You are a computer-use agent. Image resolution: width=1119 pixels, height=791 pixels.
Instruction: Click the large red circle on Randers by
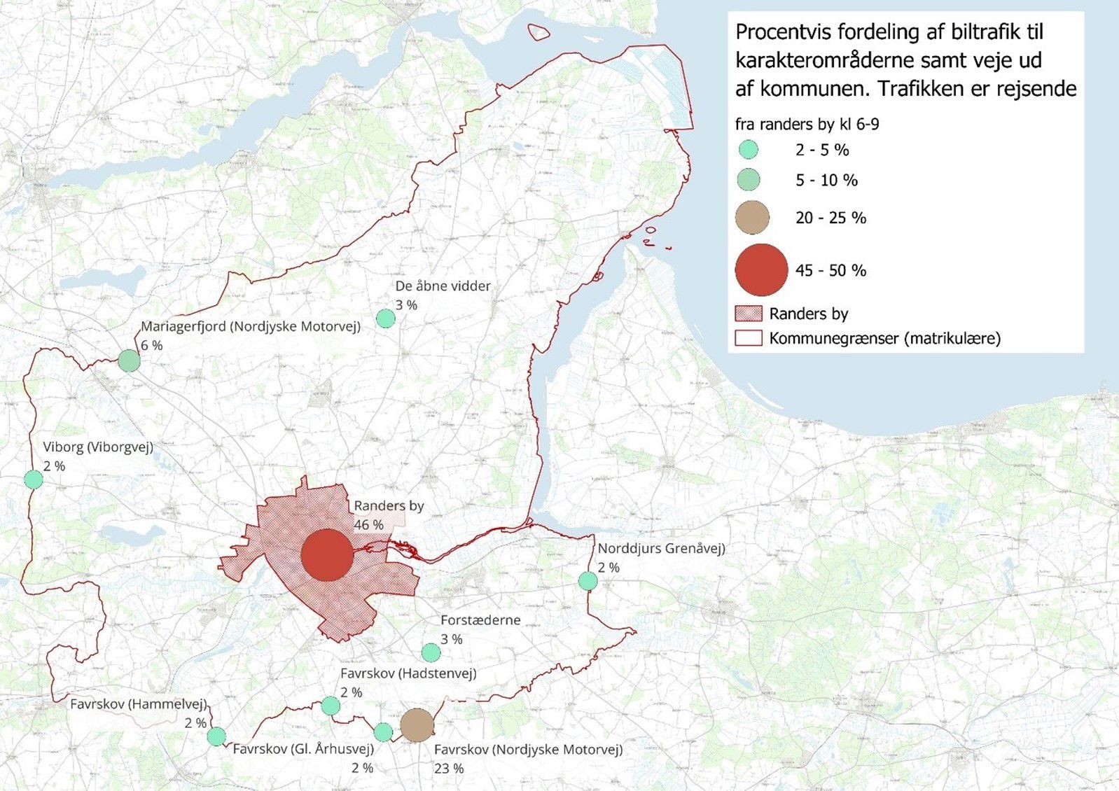click(326, 554)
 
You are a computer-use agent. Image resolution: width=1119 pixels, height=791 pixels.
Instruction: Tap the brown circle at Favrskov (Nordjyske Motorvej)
click(417, 724)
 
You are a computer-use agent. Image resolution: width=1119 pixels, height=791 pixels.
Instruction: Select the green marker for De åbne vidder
click(385, 318)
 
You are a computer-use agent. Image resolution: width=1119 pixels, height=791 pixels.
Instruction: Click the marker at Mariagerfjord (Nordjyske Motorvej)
click(129, 360)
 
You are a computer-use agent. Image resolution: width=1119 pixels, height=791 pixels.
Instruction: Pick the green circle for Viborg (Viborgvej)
click(34, 479)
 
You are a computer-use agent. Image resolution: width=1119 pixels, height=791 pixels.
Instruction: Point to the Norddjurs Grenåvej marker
click(588, 580)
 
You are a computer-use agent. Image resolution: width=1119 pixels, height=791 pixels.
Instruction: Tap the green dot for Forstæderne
click(431, 652)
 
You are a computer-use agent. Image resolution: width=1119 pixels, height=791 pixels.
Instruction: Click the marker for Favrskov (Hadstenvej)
click(331, 706)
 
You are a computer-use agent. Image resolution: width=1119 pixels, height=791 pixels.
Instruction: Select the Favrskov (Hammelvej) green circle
click(216, 736)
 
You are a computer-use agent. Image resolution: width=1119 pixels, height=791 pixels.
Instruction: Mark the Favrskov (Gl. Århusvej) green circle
click(383, 732)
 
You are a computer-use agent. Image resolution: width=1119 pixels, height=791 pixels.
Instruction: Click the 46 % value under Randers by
click(368, 524)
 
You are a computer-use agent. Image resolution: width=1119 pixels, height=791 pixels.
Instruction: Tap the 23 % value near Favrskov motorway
click(449, 768)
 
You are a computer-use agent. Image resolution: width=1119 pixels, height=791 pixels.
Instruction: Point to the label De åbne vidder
click(443, 286)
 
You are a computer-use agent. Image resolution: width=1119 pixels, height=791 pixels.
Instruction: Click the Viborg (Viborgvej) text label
click(98, 447)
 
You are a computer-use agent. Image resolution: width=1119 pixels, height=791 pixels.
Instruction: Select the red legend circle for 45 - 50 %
click(762, 269)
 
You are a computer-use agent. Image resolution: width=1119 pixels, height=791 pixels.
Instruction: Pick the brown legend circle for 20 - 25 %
click(752, 217)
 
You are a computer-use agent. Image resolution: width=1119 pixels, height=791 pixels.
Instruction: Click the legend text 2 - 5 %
click(822, 150)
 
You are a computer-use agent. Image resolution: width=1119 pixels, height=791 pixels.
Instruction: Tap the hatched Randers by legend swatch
click(748, 314)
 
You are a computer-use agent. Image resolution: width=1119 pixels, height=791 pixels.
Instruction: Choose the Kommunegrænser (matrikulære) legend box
click(748, 338)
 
